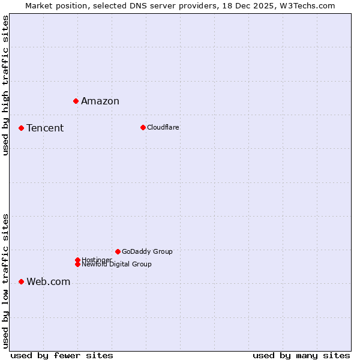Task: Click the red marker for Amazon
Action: click(x=76, y=101)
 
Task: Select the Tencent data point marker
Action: click(x=21, y=128)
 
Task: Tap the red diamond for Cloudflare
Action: click(x=143, y=127)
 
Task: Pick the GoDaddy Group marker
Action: click(x=118, y=251)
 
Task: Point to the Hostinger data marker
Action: click(x=77, y=260)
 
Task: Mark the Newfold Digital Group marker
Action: click(x=77, y=264)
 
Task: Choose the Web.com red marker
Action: click(x=21, y=281)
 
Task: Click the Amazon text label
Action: click(x=100, y=101)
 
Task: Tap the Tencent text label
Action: click(x=45, y=128)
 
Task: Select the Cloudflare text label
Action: click(x=163, y=127)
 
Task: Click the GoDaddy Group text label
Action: click(x=147, y=251)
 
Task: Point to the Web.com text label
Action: click(x=49, y=281)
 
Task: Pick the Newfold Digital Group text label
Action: click(x=117, y=265)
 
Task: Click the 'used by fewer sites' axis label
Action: click(x=62, y=355)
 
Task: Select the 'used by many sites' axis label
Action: click(x=301, y=355)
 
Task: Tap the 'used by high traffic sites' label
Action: click(x=5, y=85)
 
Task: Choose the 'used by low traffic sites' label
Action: click(x=5, y=280)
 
